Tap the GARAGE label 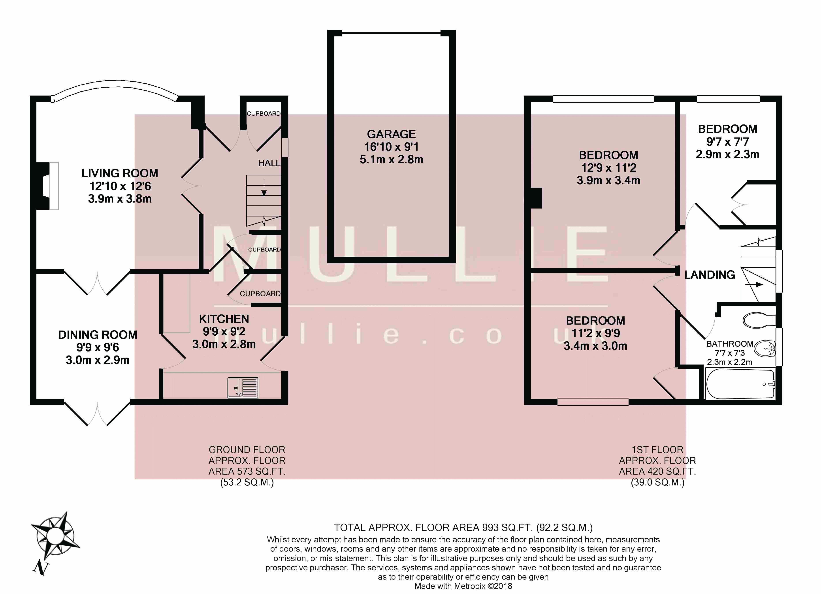(391, 134)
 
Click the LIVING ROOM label (120, 173)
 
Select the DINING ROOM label (98, 335)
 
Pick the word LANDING (710, 275)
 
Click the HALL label (269, 163)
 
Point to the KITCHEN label (224, 319)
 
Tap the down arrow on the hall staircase (264, 188)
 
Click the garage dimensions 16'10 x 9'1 (391, 147)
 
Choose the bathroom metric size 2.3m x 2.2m (729, 362)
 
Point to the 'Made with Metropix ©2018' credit (463, 586)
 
